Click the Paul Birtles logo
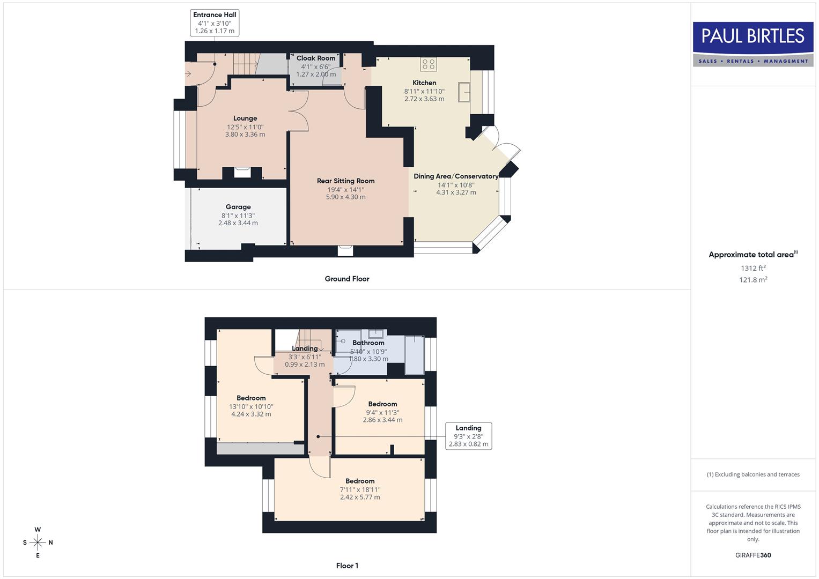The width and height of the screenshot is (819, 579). (x=753, y=44)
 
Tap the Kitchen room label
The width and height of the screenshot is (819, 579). (x=424, y=83)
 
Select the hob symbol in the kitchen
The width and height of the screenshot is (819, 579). (x=428, y=64)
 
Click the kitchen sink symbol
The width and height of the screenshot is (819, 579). (x=464, y=92)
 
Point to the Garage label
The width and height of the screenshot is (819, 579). (x=238, y=207)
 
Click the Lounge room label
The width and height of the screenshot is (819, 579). (x=245, y=118)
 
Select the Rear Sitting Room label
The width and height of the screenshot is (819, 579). (x=345, y=181)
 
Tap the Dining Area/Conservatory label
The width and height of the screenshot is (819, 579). (x=456, y=176)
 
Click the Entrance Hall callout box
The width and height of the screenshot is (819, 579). (x=215, y=23)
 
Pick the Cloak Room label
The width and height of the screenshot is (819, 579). (x=316, y=58)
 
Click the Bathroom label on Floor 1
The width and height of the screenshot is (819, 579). (x=368, y=343)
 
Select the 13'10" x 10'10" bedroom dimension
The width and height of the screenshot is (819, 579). (x=251, y=407)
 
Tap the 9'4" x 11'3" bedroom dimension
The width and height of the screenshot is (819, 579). (x=382, y=413)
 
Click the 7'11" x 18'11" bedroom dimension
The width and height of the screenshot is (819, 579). (x=360, y=489)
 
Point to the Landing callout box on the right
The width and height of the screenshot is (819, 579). (x=468, y=436)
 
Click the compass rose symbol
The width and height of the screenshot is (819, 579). (x=38, y=543)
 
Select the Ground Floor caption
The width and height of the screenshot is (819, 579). (x=347, y=279)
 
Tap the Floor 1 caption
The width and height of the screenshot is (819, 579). (x=347, y=566)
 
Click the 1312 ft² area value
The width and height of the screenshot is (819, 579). (x=753, y=268)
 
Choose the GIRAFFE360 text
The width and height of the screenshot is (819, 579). (x=753, y=555)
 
